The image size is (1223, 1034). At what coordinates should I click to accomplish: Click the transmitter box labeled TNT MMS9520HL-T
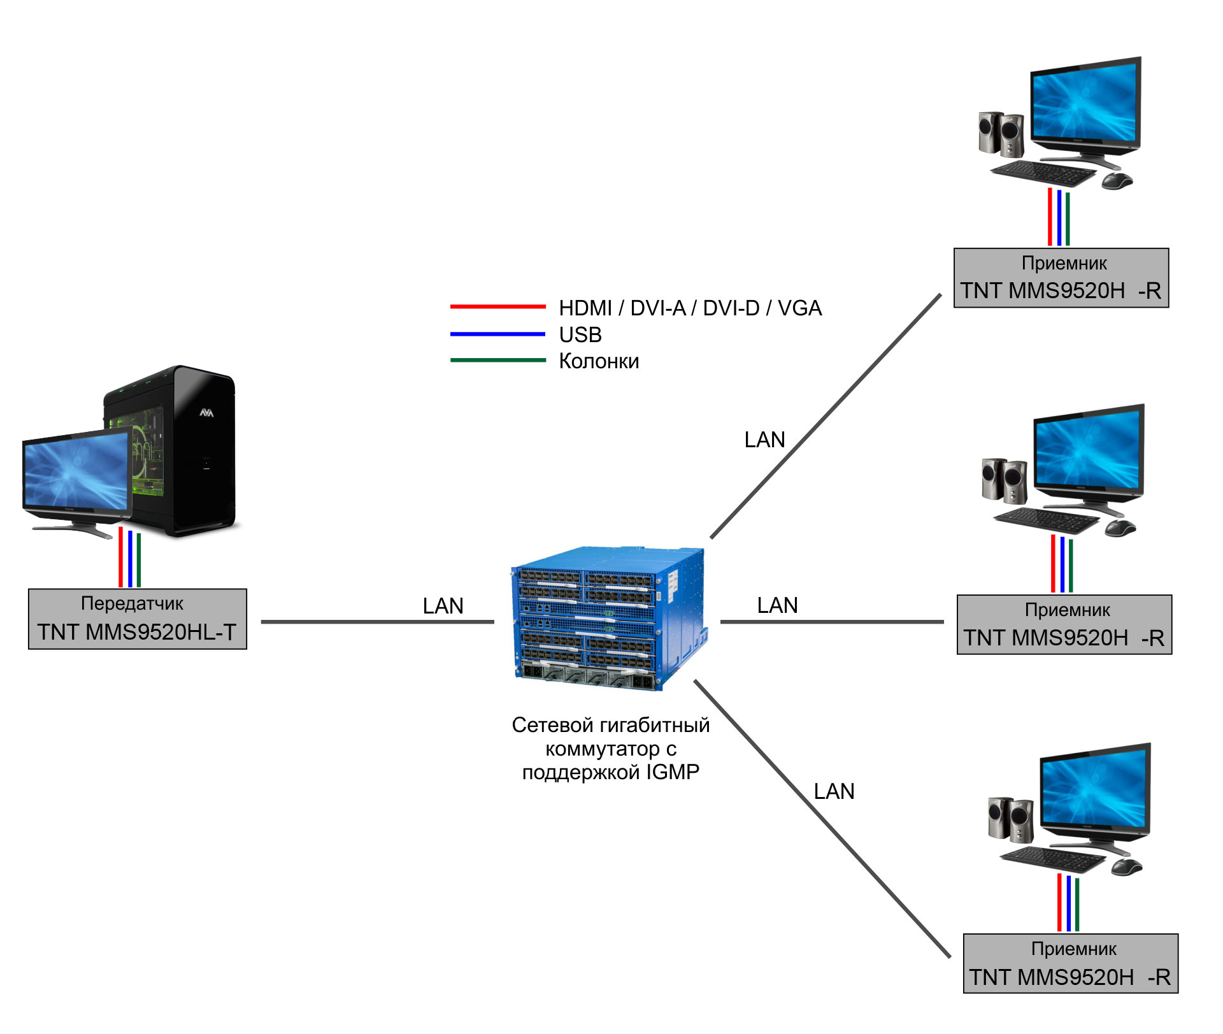(x=138, y=619)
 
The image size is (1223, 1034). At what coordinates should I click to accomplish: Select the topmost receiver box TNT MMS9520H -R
(x=1061, y=278)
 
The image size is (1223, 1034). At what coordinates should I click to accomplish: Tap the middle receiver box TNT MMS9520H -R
(x=1064, y=624)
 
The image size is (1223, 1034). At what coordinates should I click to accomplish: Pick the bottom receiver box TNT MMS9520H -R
(x=1071, y=963)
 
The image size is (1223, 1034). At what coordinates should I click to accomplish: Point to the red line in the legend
(x=497, y=306)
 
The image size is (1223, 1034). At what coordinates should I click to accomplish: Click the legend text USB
(x=580, y=334)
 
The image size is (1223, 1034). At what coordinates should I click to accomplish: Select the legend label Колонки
(x=599, y=361)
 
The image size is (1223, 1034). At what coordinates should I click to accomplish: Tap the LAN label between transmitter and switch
(x=443, y=606)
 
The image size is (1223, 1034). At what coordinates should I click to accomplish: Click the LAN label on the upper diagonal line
(x=765, y=440)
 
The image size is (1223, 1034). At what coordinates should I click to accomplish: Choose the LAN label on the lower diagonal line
(x=834, y=791)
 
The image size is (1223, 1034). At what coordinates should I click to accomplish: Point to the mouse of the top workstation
(x=1117, y=181)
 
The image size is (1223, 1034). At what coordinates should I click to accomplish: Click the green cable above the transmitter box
(x=138, y=561)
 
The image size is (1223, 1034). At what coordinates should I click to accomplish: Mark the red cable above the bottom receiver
(x=1059, y=902)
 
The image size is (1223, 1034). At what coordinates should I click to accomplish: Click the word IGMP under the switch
(x=673, y=772)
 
